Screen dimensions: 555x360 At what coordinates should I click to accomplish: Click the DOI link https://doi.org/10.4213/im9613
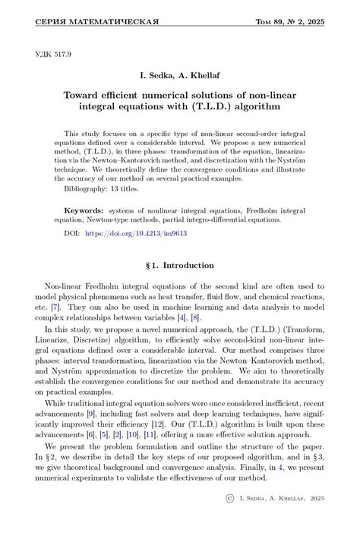click(136, 234)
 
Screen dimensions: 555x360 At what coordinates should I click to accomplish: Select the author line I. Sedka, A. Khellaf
click(180, 77)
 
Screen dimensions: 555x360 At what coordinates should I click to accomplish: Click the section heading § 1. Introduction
click(180, 265)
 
